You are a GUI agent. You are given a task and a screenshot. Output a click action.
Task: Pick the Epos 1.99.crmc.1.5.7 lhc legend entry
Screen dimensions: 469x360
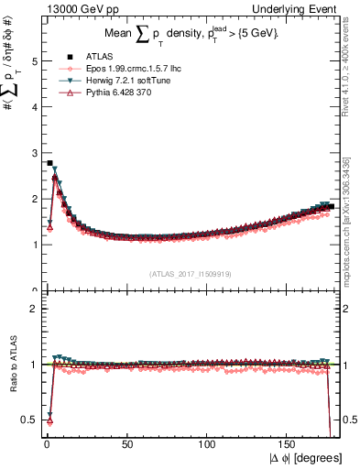(x=124, y=69)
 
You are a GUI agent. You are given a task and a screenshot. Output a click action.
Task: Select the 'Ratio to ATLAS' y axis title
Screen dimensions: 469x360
(x=13, y=365)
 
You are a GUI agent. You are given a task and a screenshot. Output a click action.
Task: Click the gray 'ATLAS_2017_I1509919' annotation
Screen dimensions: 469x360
(x=189, y=274)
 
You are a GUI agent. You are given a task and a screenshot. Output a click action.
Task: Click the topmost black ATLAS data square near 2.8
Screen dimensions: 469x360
(x=49, y=163)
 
